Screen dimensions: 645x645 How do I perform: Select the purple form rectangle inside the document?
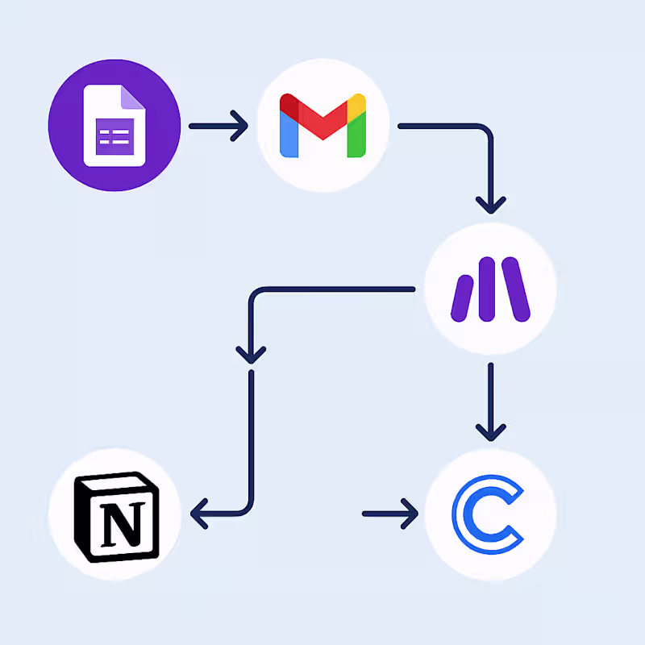click(114, 136)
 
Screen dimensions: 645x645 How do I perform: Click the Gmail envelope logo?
click(322, 125)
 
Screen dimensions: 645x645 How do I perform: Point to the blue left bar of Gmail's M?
click(288, 132)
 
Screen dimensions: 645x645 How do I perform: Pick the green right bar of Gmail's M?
click(357, 132)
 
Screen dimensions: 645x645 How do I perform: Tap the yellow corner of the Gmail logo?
click(358, 104)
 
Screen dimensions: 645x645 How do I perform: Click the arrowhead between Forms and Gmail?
click(239, 126)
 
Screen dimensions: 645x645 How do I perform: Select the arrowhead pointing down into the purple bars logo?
click(490, 202)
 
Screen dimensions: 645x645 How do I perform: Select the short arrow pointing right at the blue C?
click(392, 513)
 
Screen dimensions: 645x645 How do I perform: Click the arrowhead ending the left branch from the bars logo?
click(252, 352)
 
